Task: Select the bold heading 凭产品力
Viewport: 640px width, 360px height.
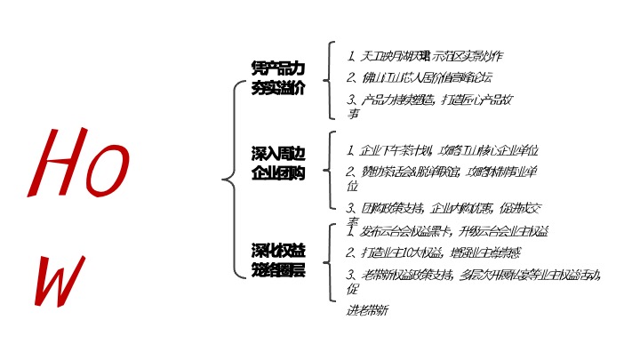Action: coord(277,68)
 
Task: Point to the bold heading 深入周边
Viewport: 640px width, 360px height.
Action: coord(277,155)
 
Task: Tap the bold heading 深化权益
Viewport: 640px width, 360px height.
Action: coord(277,249)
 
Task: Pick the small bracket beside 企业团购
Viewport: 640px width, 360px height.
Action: coord(331,172)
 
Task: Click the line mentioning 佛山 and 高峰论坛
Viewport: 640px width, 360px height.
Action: coord(418,77)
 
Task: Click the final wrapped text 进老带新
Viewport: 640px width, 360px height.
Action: coord(367,310)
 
